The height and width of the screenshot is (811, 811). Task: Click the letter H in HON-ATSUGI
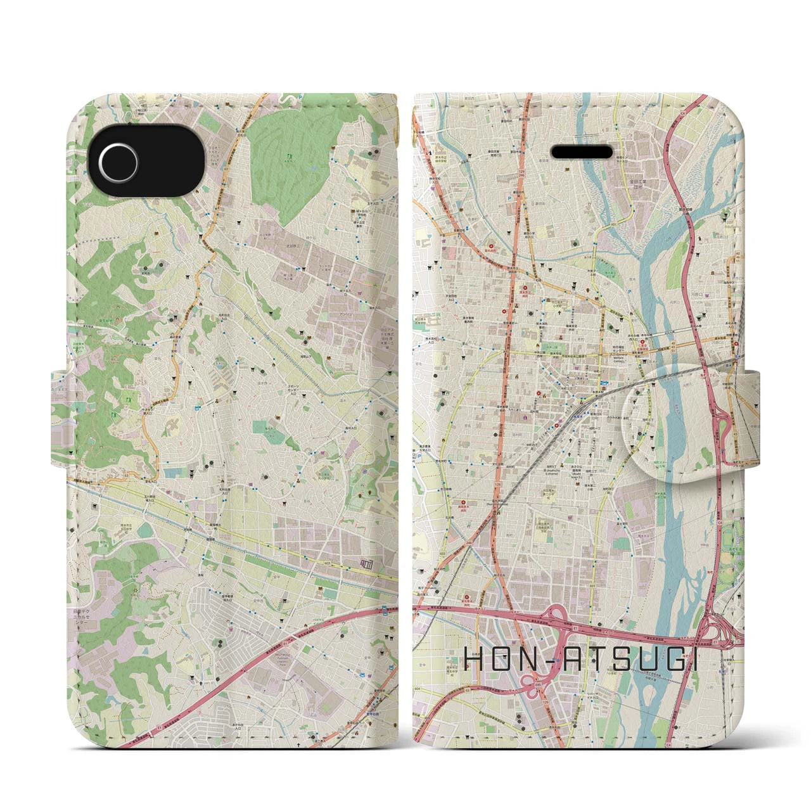476,661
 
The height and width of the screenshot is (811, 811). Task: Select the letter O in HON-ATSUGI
504,661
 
